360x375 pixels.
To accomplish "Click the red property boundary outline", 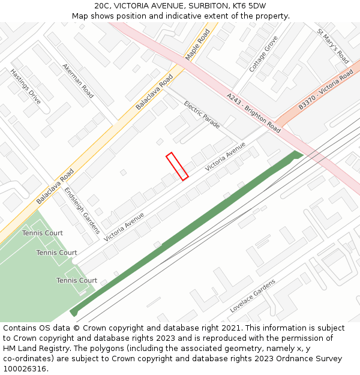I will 177,166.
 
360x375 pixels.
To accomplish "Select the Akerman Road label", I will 78,80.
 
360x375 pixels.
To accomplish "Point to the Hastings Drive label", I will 25,86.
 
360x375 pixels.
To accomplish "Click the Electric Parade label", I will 202,115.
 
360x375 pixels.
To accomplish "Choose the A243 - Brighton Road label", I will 254,113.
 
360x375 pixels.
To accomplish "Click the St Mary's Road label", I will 333,46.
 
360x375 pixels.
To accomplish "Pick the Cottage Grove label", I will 263,54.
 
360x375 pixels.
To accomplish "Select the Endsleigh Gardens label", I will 77,203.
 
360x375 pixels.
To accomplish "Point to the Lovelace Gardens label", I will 253,296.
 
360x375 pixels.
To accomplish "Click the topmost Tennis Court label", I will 43,233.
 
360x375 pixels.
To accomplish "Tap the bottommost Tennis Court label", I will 77,280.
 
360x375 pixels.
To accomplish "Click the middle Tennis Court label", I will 56,253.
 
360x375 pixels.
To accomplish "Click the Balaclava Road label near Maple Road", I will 154,92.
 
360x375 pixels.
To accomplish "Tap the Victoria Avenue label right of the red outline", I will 226,157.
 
